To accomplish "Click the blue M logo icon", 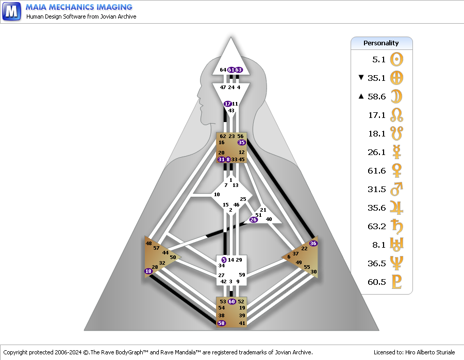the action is click(11, 11).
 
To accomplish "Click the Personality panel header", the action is click(382, 43).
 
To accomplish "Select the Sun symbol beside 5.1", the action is click(396, 59).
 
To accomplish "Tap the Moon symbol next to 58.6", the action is click(396, 97).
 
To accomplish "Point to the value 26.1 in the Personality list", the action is click(376, 152).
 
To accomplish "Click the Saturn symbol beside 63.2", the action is click(397, 227).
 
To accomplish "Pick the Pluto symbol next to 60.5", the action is click(396, 282).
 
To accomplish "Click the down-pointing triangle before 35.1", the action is click(361, 77).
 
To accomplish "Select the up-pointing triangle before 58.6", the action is click(361, 96).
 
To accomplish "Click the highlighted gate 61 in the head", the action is click(231, 70).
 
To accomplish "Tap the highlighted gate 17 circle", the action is click(227, 104).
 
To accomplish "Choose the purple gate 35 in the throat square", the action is click(241, 143).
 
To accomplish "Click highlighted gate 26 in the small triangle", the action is click(253, 219).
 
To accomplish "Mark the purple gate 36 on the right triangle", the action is click(313, 243).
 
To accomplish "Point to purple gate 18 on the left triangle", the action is click(148, 271).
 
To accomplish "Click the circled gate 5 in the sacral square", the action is click(224, 260).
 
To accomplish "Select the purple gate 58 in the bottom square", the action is click(221, 323).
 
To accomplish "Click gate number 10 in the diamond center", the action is click(217, 195).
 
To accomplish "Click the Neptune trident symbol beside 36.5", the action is click(396, 263).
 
